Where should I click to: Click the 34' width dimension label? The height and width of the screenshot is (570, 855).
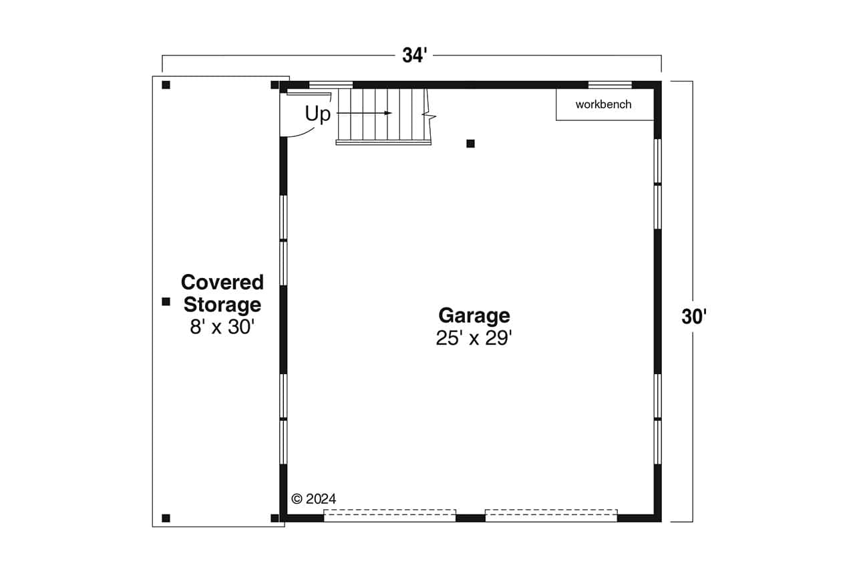pyautogui.click(x=414, y=56)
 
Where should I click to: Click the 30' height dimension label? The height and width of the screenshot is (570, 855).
pyautogui.click(x=694, y=317)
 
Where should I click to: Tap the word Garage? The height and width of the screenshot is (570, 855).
pyautogui.click(x=474, y=315)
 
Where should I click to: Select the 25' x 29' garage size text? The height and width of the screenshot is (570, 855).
pyautogui.click(x=474, y=338)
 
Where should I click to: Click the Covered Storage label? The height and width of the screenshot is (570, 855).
pyautogui.click(x=222, y=293)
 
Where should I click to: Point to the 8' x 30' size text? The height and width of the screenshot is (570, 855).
pyautogui.click(x=222, y=327)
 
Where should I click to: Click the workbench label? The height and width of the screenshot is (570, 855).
pyautogui.click(x=603, y=104)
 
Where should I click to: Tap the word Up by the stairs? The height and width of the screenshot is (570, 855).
pyautogui.click(x=318, y=114)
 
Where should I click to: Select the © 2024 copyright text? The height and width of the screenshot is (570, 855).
pyautogui.click(x=314, y=498)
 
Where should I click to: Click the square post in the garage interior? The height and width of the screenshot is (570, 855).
pyautogui.click(x=470, y=144)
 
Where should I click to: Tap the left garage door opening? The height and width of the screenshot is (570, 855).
pyautogui.click(x=389, y=515)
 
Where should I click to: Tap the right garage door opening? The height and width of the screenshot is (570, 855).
pyautogui.click(x=551, y=515)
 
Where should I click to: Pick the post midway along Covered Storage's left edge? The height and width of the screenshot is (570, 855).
pyautogui.click(x=166, y=301)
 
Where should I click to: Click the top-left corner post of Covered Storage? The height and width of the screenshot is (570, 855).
pyautogui.click(x=166, y=85)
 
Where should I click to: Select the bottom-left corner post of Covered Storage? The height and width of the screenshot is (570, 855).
pyautogui.click(x=166, y=518)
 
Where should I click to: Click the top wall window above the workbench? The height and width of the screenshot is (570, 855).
pyautogui.click(x=610, y=85)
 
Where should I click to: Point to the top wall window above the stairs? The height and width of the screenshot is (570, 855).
pyautogui.click(x=331, y=85)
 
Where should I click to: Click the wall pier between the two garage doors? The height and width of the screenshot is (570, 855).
pyautogui.click(x=470, y=518)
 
